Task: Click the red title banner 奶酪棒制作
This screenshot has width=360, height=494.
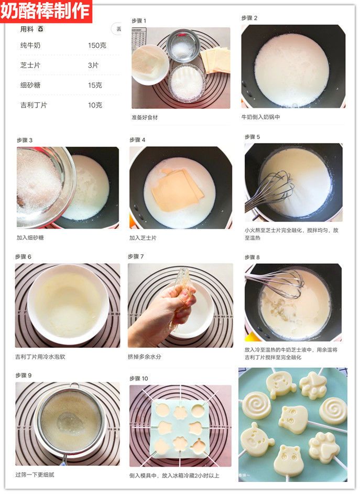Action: (x=46, y=11)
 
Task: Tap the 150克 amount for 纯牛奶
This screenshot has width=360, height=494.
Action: (x=97, y=46)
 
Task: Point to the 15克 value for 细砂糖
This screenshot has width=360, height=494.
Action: (x=95, y=85)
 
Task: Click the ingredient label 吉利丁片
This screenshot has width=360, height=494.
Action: (x=34, y=105)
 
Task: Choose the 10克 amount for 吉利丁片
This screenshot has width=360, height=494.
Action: (x=95, y=105)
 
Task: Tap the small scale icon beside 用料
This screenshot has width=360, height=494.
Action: (x=40, y=29)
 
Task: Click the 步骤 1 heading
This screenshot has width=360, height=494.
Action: (x=139, y=21)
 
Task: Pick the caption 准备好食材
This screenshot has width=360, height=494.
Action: (x=145, y=117)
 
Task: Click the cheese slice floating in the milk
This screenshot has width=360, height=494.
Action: (x=177, y=190)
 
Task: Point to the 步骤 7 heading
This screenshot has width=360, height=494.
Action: (x=136, y=256)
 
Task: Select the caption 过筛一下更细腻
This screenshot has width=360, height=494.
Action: (x=35, y=475)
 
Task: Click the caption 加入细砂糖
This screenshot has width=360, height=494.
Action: (x=30, y=238)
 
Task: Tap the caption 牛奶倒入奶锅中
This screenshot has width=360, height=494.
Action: (x=260, y=117)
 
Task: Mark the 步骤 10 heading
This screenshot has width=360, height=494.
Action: (x=139, y=379)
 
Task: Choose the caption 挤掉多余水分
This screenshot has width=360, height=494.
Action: (x=145, y=357)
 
